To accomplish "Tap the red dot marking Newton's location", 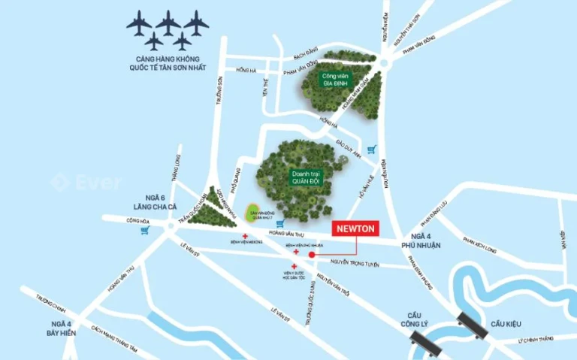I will pyautogui.click(x=311, y=255).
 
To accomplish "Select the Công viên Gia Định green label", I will pyautogui.click(x=337, y=79).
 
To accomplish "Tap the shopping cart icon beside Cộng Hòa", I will pyautogui.click(x=144, y=230).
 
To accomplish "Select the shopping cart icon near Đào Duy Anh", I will pyautogui.click(x=371, y=149).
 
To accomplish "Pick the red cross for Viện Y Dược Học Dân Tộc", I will pyautogui.click(x=305, y=266).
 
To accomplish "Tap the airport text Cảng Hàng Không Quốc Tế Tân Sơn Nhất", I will pyautogui.click(x=167, y=64).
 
